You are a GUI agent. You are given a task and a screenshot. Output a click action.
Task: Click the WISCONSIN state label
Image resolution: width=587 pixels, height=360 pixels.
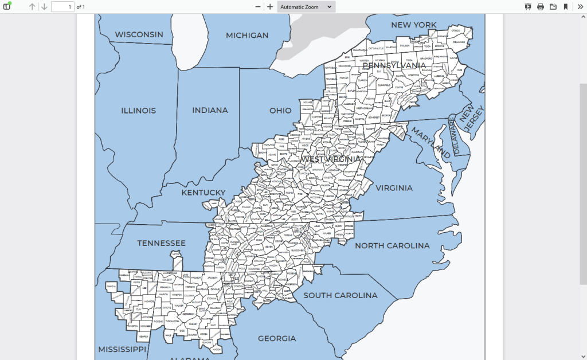[139, 34]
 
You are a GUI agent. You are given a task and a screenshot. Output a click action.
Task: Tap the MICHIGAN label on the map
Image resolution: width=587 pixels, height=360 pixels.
[247, 36]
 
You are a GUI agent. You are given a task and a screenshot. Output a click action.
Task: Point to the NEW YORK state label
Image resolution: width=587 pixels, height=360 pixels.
[413, 25]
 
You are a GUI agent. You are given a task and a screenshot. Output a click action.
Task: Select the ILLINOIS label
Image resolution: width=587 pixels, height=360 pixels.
[138, 110]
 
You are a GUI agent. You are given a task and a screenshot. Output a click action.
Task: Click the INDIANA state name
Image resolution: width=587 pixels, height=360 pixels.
[210, 110]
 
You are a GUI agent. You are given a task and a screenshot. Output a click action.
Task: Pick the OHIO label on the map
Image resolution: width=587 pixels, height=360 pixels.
[280, 110]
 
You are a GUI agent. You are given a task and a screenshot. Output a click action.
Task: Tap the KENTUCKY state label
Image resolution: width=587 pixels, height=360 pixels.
[204, 193]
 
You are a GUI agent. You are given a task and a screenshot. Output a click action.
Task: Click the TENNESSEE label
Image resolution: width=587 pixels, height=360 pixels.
[161, 243]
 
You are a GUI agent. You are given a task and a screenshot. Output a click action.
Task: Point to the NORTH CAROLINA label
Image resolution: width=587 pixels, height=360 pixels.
[392, 246]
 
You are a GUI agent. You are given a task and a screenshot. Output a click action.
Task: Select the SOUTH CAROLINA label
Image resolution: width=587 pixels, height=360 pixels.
[341, 295]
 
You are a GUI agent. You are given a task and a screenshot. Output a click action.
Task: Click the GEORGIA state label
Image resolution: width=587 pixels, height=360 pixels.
[277, 338]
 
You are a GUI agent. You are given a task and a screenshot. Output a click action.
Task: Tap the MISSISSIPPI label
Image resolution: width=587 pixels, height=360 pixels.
[122, 349]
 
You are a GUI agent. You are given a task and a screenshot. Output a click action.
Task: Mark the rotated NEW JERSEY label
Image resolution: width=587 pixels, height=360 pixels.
[471, 121]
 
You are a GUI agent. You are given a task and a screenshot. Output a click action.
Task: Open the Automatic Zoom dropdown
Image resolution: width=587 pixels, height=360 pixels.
[306, 7]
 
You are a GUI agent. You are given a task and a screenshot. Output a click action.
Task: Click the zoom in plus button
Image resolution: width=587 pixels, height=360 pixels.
[270, 7]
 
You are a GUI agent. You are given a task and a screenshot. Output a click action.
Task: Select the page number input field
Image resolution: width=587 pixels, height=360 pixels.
[62, 7]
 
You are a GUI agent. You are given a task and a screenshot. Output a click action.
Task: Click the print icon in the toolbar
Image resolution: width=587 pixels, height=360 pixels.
[541, 7]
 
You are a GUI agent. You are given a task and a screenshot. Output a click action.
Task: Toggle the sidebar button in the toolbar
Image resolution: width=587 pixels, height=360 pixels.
[7, 7]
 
